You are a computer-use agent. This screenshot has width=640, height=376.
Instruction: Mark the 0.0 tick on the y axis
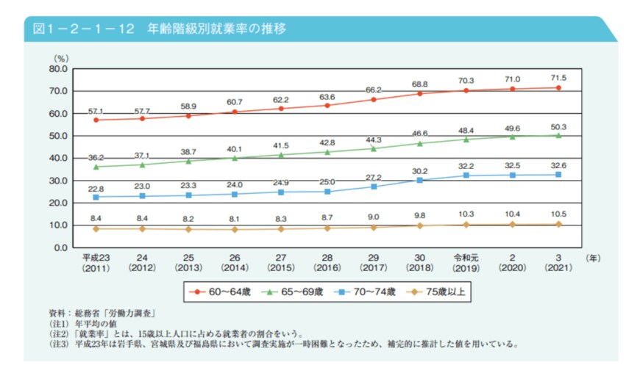click(60, 247)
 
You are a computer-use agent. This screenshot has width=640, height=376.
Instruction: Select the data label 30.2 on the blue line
click(419, 170)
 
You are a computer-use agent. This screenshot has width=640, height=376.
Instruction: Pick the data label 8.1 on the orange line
click(235, 218)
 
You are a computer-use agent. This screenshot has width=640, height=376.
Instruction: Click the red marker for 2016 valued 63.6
click(327, 105)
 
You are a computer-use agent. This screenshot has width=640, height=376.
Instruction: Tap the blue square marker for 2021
click(558, 175)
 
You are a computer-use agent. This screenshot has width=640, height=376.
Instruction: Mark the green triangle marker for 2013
click(188, 161)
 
